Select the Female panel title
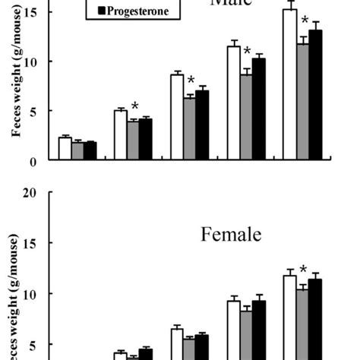tap(231, 235)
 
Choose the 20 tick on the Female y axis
tap(35, 193)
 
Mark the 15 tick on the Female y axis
tap(35, 243)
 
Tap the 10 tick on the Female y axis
tap(35, 294)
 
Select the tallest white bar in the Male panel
tap(289, 84)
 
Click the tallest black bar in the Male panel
tap(315, 95)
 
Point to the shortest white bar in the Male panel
tap(65, 149)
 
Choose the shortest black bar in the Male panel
tap(90, 151)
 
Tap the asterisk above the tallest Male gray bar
tap(305, 21)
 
